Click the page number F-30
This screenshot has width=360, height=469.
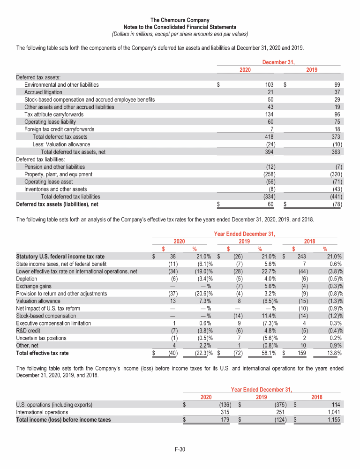pyautogui.click(x=180, y=450)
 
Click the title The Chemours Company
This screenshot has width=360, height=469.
pyautogui.click(x=180, y=20)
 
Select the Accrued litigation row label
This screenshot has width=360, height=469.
pyautogui.click(x=44, y=92)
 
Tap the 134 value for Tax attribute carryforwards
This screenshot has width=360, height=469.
pyautogui.click(x=269, y=114)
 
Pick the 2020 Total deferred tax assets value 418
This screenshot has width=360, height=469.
pyautogui.click(x=269, y=137)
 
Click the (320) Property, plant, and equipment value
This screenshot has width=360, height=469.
pyautogui.click(x=335, y=174)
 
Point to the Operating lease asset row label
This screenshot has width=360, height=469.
pyautogui.click(x=48, y=182)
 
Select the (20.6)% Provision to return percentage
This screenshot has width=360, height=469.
pyautogui.click(x=203, y=294)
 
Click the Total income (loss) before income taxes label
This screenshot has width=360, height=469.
pyautogui.click(x=63, y=420)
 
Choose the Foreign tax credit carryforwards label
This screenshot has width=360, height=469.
pyautogui.click(x=59, y=129)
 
